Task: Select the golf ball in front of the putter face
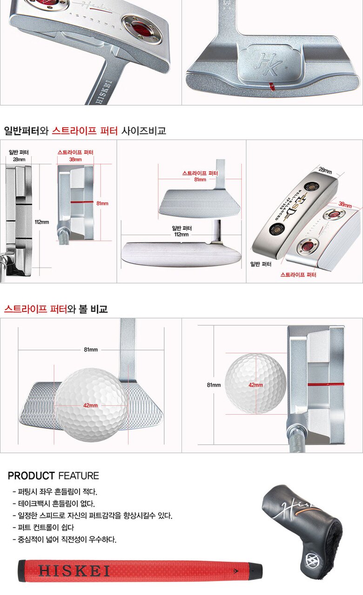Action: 91,404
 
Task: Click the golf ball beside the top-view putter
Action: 255,383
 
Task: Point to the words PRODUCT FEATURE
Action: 54,476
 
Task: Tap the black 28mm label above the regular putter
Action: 19,159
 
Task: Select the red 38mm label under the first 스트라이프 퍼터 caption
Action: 75,159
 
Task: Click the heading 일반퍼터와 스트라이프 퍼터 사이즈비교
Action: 85,131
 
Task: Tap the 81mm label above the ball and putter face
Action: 91,350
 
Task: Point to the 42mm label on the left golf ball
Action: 91,406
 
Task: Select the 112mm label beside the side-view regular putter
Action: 42,222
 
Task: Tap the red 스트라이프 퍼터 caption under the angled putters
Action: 298,275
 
